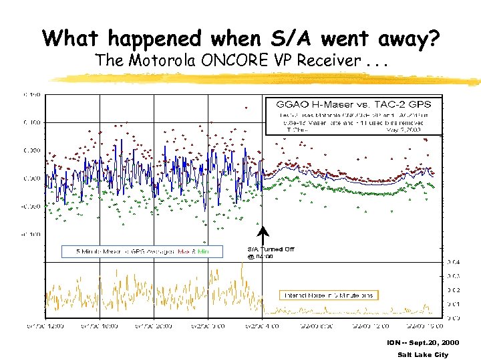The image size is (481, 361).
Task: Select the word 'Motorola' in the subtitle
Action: pyautogui.click(x=156, y=60)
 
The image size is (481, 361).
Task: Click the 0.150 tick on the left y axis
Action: pyautogui.click(x=33, y=95)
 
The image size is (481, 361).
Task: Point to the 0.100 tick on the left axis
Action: pyautogui.click(x=33, y=123)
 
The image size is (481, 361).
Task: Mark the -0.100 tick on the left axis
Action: pyautogui.click(x=31, y=235)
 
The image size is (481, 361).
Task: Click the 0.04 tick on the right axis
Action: pyautogui.click(x=454, y=261)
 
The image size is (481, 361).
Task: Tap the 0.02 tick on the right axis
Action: pyautogui.click(x=454, y=290)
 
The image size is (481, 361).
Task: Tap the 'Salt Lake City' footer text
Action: pyautogui.click(x=422, y=354)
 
